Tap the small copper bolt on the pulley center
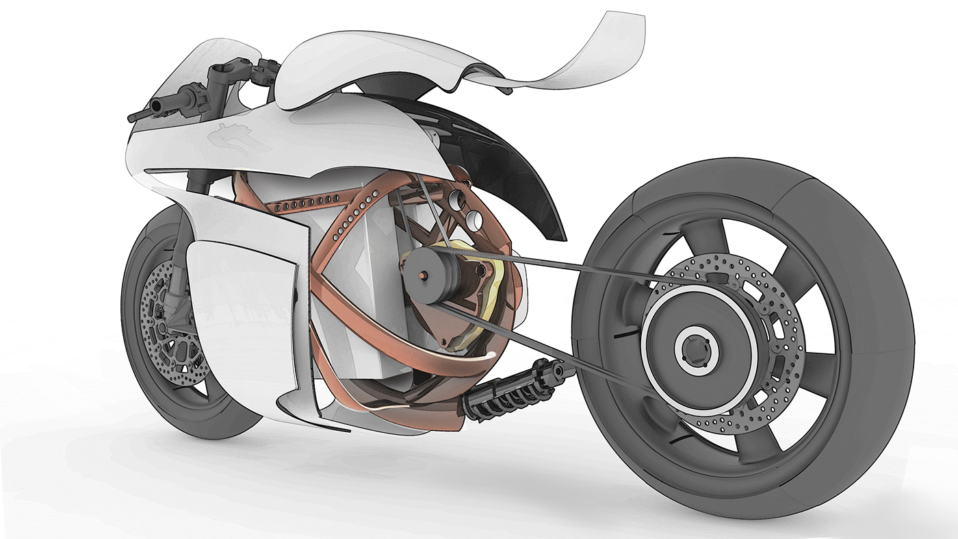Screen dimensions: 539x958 424,275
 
